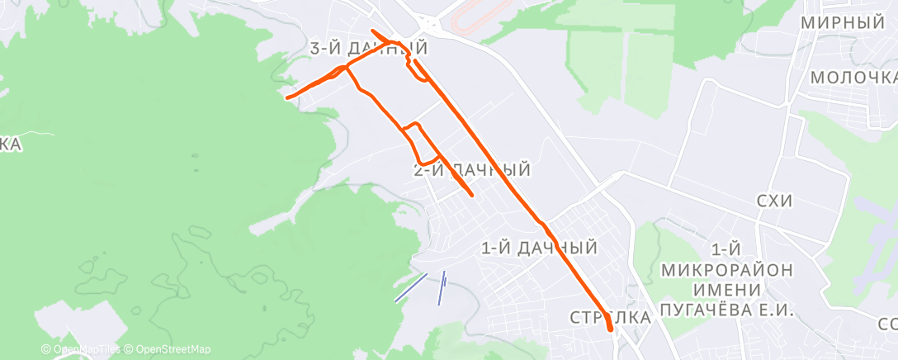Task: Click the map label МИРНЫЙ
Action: (x=843, y=23)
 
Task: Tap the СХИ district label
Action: (x=774, y=201)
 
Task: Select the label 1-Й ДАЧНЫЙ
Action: (x=538, y=247)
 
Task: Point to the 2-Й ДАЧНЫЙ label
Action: (x=470, y=170)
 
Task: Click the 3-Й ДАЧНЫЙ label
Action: (x=368, y=49)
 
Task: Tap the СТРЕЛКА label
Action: (x=610, y=318)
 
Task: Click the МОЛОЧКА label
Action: (x=853, y=78)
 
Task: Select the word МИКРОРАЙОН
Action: (x=727, y=269)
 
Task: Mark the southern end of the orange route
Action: (x=611, y=329)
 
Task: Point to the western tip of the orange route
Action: (x=288, y=97)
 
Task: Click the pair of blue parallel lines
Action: (x=442, y=288)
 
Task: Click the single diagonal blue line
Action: (x=410, y=288)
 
